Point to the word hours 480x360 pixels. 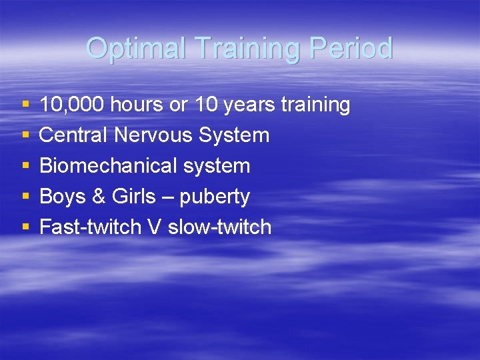(137, 105)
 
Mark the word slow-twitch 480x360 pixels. (220, 227)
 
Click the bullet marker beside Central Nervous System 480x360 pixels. (25, 135)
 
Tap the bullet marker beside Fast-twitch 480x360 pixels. (25, 227)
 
